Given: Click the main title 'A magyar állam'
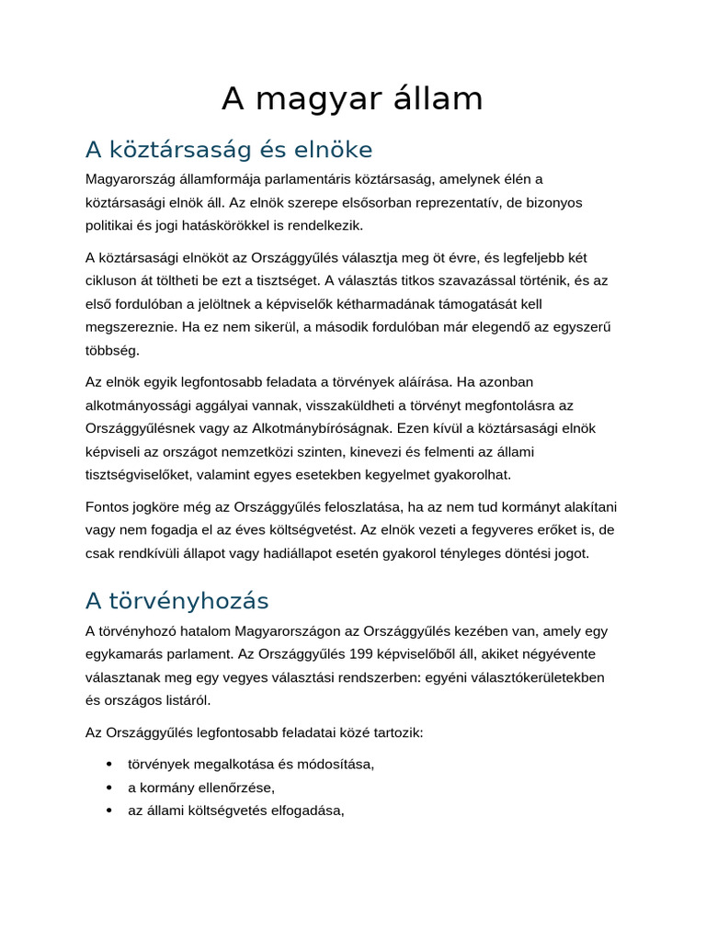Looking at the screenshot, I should click(x=352, y=99).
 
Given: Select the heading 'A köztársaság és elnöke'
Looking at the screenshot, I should click(x=229, y=149).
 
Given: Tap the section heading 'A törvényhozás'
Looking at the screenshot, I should click(x=176, y=601).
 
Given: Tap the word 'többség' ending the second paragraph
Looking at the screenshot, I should click(x=112, y=350).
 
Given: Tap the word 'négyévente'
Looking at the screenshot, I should click(x=558, y=654).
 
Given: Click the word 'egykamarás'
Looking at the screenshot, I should click(x=123, y=654).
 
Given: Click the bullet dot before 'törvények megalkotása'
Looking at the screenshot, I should click(x=109, y=765).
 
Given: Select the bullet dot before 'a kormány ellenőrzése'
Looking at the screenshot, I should click(x=109, y=788).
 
